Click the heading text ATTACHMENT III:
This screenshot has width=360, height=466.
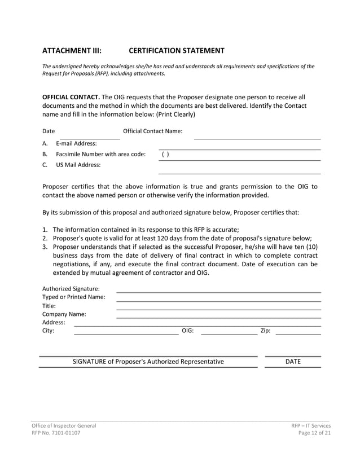pos(72,50)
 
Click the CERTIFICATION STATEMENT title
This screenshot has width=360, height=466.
pos(176,50)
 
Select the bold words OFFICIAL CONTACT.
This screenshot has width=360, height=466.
pos(71,96)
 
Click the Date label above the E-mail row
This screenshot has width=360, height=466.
pos(49,131)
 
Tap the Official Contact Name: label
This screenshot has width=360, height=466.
pos(152,131)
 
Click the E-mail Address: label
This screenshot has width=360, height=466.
pos(76,143)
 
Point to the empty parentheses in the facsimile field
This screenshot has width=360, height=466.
pos(165,154)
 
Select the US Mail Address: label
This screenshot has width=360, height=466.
pos(78,165)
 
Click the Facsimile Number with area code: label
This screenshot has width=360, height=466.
pos(100,154)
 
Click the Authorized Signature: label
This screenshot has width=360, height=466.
pos(71,289)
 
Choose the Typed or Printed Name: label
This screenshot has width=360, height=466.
pos(73,297)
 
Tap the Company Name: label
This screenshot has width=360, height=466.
pos(64,314)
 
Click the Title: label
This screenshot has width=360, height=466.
pos(49,306)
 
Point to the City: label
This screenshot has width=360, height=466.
pos(49,331)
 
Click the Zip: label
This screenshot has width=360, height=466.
pos(265,331)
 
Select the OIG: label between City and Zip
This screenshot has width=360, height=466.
pos(187,331)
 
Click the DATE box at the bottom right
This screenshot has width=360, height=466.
pos(293,362)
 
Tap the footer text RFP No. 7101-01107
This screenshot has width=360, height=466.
pos(55,433)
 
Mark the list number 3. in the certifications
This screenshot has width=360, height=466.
pos(45,247)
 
